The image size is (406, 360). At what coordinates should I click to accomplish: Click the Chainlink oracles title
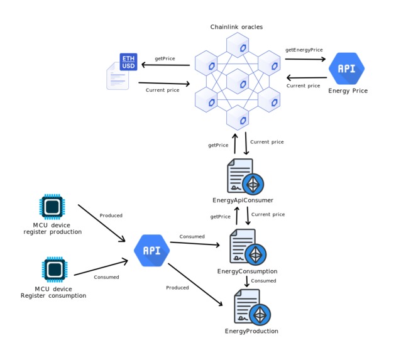pyautogui.click(x=236, y=26)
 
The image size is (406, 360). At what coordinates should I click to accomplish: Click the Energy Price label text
pyautogui.click(x=348, y=91)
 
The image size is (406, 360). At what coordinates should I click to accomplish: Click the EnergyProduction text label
pyautogui.click(x=251, y=331)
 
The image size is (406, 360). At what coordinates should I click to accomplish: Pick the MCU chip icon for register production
pyautogui.click(x=53, y=206)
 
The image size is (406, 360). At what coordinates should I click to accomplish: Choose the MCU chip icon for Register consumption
pyautogui.click(x=55, y=268)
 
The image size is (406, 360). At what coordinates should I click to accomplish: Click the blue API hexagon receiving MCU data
pyautogui.click(x=151, y=250)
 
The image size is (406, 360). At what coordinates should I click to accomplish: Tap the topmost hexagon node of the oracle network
pyautogui.click(x=238, y=46)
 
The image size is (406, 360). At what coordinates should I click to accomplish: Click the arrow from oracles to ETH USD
pyautogui.click(x=165, y=64)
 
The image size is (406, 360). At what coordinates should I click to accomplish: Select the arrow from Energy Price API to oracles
pyautogui.click(x=306, y=78)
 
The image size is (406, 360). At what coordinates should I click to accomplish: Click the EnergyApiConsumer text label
pyautogui.click(x=243, y=200)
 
